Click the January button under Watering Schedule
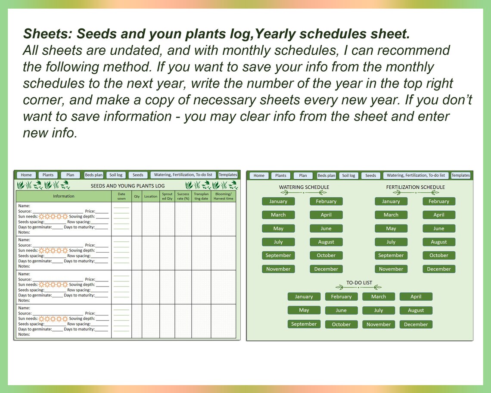click(x=278, y=201)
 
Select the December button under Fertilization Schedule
click(x=438, y=269)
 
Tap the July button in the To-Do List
click(x=379, y=310)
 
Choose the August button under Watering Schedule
click(x=326, y=242)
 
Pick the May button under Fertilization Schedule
click(x=391, y=228)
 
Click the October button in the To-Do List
click(x=341, y=324)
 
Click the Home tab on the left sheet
click(x=26, y=175)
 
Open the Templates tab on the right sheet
click(x=460, y=175)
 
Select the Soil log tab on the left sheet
click(x=116, y=175)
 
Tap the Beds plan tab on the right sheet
click(x=326, y=175)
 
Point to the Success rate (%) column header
click(x=183, y=196)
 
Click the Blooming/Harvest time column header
click(x=224, y=196)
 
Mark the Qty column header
click(x=137, y=196)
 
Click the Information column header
click(x=64, y=196)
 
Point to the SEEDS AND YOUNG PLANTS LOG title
click(x=127, y=186)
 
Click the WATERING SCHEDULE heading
click(x=304, y=187)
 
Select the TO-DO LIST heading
click(x=359, y=283)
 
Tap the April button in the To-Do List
click(x=416, y=296)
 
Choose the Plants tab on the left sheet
click(x=48, y=175)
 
